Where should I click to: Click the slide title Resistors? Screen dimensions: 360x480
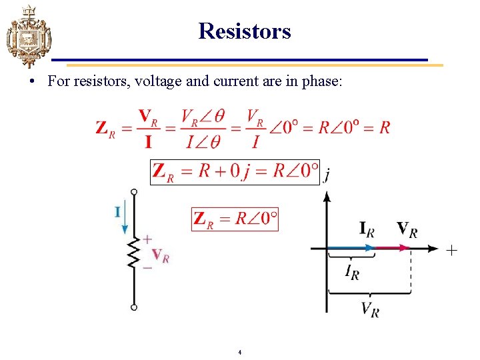245,31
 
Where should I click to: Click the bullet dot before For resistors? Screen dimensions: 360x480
32,82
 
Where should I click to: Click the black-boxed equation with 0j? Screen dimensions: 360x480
235,171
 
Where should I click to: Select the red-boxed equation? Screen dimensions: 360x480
235,219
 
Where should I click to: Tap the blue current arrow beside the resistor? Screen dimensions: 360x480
124,223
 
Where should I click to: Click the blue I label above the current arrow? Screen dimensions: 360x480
117,212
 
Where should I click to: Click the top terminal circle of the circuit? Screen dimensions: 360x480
134,192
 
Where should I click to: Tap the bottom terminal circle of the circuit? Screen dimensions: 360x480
134,307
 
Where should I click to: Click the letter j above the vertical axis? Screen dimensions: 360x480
327,175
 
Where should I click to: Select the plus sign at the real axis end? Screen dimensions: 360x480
451,250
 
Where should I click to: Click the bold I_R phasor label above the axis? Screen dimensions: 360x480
367,230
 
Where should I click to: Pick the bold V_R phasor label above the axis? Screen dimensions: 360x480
407,229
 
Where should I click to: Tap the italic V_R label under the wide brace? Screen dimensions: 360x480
370,309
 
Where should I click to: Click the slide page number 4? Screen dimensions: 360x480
239,351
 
